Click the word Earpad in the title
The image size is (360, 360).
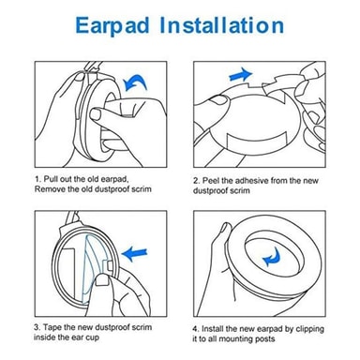(x=112, y=26)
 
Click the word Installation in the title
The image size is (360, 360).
(x=222, y=25)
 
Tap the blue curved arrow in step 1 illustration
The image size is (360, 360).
(x=135, y=82)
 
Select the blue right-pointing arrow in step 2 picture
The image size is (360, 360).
(x=240, y=75)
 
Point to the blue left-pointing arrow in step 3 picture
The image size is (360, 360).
(x=134, y=254)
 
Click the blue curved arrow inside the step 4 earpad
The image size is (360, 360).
(x=271, y=257)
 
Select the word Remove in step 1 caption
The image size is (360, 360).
(x=47, y=189)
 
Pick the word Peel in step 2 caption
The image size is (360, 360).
(x=211, y=181)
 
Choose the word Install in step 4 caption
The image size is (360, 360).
(x=212, y=329)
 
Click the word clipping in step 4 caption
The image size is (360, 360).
(x=309, y=329)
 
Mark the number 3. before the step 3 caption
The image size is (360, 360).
(x=37, y=327)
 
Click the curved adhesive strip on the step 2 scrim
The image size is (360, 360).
(x=257, y=141)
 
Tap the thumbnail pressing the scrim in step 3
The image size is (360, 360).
(x=102, y=280)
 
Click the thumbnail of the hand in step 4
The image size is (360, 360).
(x=225, y=227)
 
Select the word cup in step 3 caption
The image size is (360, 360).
(x=93, y=338)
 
